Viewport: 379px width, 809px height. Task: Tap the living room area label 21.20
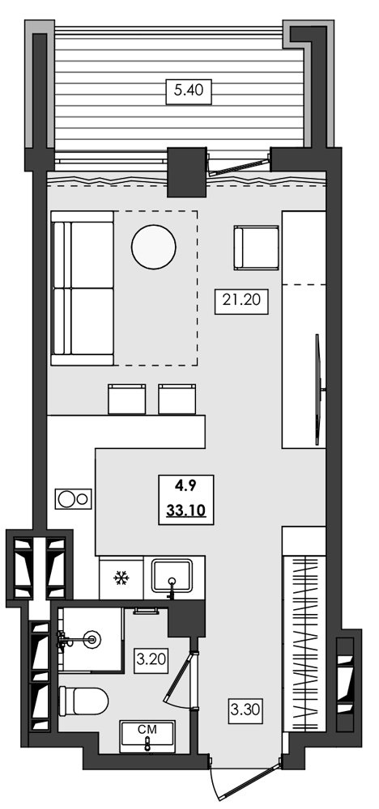[240, 301]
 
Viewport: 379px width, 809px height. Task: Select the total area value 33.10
[185, 510]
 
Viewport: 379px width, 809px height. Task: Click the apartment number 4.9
[185, 487]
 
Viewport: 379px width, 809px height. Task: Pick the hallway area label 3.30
[245, 712]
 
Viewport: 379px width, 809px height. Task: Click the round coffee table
[153, 246]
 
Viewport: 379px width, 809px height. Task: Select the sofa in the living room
[81, 288]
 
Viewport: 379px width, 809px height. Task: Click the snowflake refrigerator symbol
[121, 578]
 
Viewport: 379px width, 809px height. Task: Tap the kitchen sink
[173, 577]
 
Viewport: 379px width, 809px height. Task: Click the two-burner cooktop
[72, 499]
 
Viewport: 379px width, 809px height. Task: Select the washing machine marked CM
[147, 736]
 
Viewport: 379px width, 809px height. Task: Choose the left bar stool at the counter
[126, 399]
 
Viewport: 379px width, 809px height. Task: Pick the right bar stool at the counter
[177, 399]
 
